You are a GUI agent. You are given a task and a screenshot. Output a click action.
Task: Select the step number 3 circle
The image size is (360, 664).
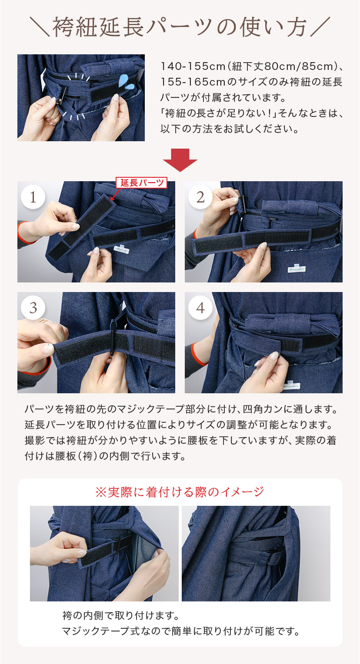(33, 308)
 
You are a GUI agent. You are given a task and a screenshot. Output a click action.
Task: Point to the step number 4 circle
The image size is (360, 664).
(200, 308)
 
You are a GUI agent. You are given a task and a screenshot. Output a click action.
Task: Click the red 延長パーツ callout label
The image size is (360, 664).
(141, 183)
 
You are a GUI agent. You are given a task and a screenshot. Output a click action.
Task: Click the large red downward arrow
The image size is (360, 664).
(180, 160)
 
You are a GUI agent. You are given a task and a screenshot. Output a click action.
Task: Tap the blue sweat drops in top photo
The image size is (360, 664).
(127, 82)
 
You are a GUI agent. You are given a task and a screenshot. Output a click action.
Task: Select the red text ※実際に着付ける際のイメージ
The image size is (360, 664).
(180, 491)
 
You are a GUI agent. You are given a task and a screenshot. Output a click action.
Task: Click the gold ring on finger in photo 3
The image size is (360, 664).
(43, 322)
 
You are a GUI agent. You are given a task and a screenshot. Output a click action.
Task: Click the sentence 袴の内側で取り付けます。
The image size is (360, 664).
(120, 616)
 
